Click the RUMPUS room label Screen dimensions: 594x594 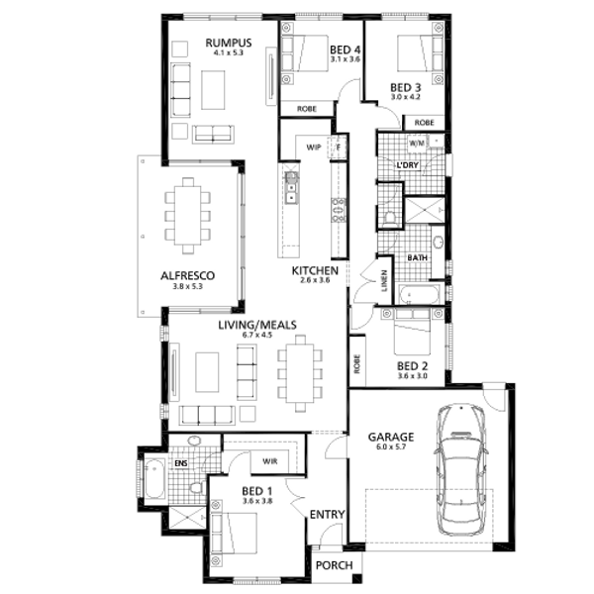pos(229,43)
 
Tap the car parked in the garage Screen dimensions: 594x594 pos(461,469)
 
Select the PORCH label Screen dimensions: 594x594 pos(335,565)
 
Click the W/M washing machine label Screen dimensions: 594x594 pos(417,144)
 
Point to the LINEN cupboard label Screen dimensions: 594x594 pos(385,281)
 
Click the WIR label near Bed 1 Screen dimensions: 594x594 pos(269,461)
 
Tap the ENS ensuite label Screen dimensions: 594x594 pos(181,463)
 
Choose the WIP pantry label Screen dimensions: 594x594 pos(313,148)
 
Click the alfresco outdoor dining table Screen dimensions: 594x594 pos(187,216)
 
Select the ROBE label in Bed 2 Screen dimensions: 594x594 pos(357,363)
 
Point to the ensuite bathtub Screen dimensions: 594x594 pos(154,478)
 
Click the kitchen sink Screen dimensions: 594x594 pos(291,188)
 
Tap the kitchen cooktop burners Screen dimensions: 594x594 pos(339,210)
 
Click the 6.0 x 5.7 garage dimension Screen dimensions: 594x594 pos(391,446)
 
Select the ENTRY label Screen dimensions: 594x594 pos(328,514)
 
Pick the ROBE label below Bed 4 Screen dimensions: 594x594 pos(307,109)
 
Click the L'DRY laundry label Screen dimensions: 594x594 pos(408,165)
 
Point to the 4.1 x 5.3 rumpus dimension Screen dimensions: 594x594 pos(229,52)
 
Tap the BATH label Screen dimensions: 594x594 pos(417,257)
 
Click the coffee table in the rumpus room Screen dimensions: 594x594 pos(213,90)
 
